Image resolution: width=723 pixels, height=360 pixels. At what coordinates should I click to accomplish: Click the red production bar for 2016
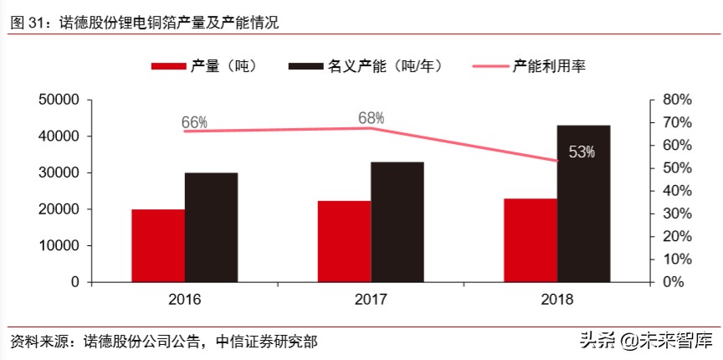point(158,245)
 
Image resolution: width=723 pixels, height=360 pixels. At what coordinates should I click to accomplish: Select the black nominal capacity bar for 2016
point(211,227)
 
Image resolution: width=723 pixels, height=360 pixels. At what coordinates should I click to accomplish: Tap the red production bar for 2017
point(344,241)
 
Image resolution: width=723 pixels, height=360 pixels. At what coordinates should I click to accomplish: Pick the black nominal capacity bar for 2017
point(397,222)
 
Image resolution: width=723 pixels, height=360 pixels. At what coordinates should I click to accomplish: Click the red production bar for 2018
point(530,240)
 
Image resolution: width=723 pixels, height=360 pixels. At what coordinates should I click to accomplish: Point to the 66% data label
point(194,123)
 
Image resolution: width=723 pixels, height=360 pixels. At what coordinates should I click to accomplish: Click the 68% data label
point(371,118)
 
